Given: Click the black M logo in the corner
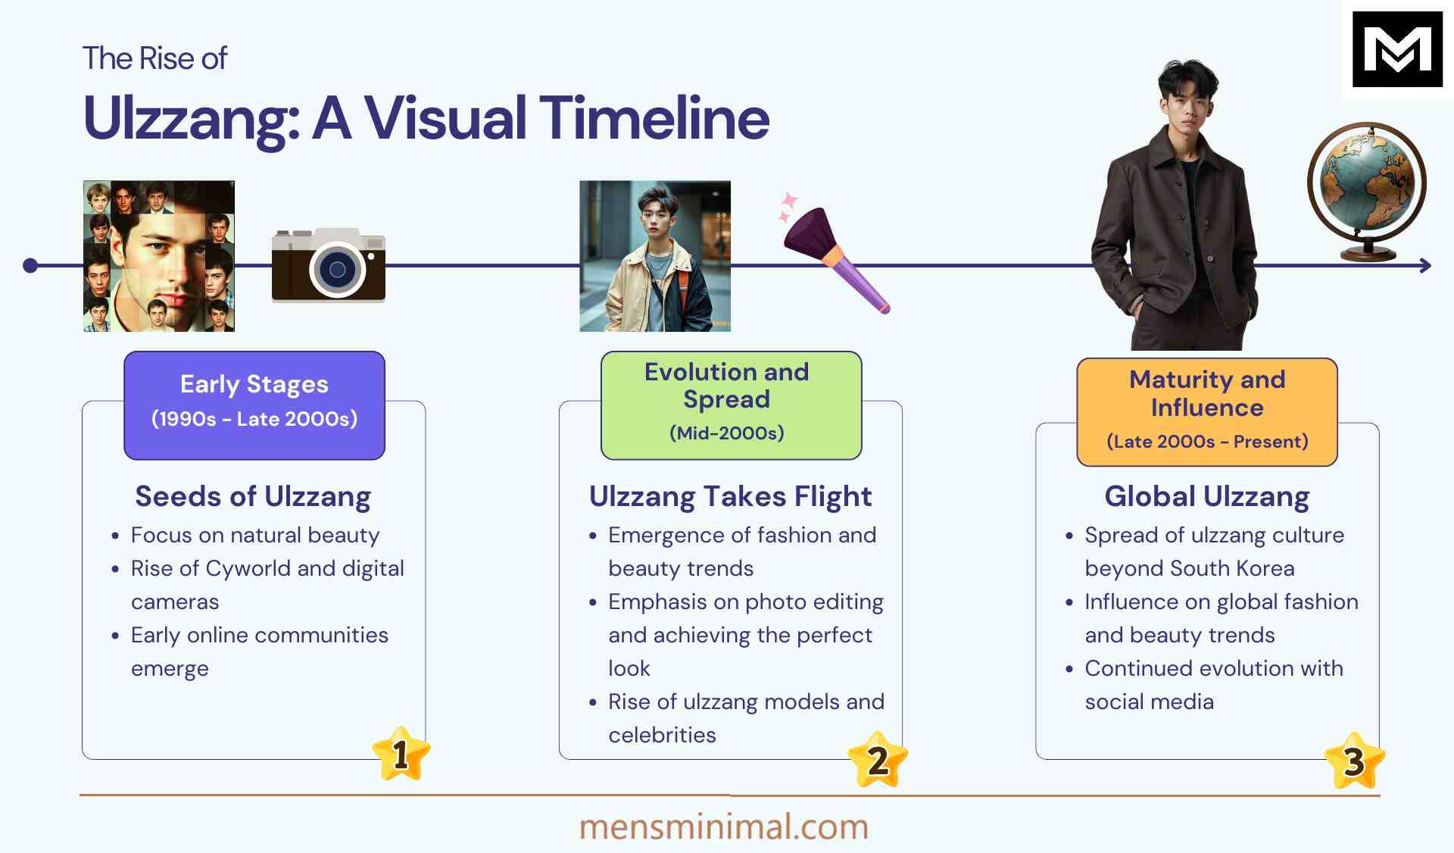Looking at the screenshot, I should (x=1396, y=49).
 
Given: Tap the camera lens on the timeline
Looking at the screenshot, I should (x=337, y=270).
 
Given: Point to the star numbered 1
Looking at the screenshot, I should (x=401, y=754).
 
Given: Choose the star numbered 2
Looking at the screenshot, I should (x=877, y=760).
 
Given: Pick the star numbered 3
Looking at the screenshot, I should (x=1354, y=761).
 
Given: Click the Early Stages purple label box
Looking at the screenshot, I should (x=254, y=405).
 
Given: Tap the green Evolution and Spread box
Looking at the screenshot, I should (x=731, y=405).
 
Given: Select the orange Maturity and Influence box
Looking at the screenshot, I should (x=1207, y=411).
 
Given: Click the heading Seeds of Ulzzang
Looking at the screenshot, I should (x=253, y=496).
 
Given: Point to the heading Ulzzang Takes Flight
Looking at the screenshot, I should (x=730, y=496).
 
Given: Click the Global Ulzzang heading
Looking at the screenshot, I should (x=1206, y=496).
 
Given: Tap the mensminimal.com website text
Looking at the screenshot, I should (x=723, y=826).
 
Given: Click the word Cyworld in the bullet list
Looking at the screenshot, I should (x=248, y=568).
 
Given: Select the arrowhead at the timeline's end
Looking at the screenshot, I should (x=1424, y=266).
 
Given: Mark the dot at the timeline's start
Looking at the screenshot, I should (x=30, y=266).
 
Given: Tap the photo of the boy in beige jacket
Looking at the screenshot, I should (x=655, y=256).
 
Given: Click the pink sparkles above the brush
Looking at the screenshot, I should (x=788, y=206).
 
